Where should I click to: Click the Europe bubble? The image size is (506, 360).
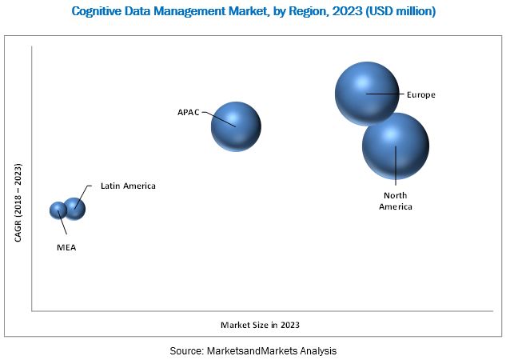[x=367, y=94]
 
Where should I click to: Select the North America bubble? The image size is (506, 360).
[x=395, y=146]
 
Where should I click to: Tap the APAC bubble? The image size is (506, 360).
[x=236, y=126]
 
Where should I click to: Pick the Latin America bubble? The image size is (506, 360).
[x=74, y=208]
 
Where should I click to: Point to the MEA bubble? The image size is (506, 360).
[x=58, y=210]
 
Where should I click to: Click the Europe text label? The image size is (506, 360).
[x=420, y=94]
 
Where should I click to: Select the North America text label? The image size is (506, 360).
[x=396, y=201]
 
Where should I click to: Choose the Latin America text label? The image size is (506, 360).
[x=128, y=186]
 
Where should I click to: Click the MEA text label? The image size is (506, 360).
[x=67, y=247]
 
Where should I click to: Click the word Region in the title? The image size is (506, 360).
[x=303, y=11]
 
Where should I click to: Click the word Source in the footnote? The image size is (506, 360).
[x=187, y=350]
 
